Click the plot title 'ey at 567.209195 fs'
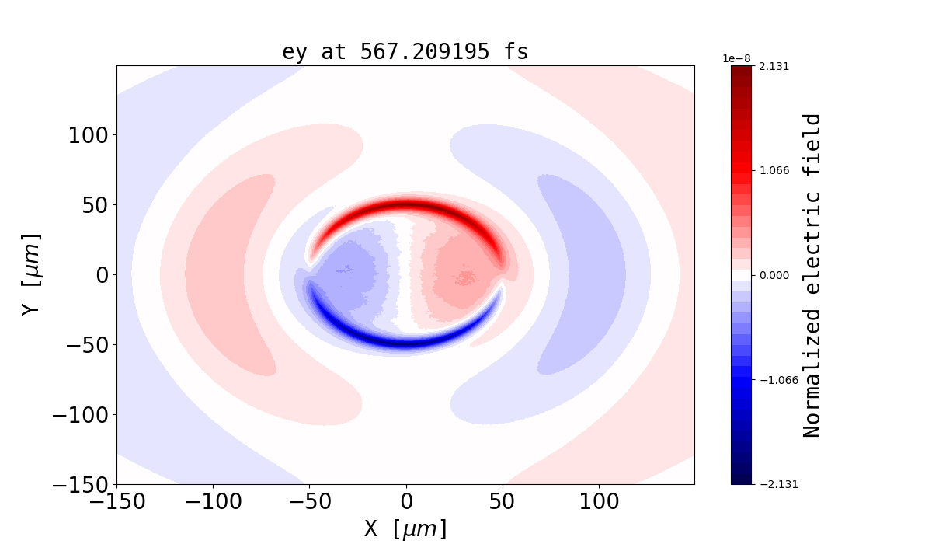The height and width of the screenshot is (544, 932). pos(405,52)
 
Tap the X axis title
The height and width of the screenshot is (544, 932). pos(405,529)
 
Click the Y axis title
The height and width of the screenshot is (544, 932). pos(30,274)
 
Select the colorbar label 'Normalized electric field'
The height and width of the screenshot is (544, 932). pos(812,275)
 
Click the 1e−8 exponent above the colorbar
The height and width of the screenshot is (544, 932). pos(736,58)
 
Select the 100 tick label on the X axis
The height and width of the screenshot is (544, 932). pos(599,502)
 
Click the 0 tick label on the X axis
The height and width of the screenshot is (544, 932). pos(405,502)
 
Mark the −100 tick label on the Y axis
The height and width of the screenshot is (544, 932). pos(79,415)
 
